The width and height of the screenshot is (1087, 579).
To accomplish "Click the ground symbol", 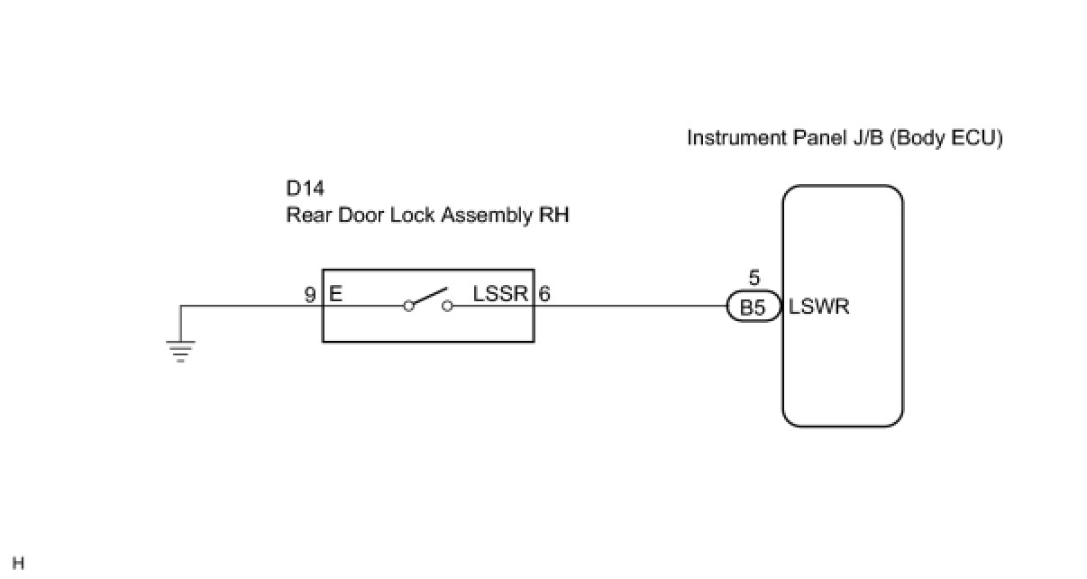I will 181,350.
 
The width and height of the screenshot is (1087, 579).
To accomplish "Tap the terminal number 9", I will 310,294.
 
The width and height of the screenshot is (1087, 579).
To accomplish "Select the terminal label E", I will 336,294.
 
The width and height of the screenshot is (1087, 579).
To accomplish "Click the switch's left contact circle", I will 408,306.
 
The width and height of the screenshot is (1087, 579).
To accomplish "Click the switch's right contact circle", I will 447,306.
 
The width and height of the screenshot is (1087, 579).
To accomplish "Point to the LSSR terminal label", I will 501,294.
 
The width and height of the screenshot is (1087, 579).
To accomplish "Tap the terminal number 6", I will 544,294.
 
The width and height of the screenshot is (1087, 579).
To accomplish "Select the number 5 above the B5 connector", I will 754,280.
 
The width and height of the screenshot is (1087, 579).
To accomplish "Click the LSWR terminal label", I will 819,307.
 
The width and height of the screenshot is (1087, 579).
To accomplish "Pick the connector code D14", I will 305,189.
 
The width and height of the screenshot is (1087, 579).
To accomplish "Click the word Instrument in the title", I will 730,138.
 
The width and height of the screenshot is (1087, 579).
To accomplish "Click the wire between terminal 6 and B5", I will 631,306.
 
